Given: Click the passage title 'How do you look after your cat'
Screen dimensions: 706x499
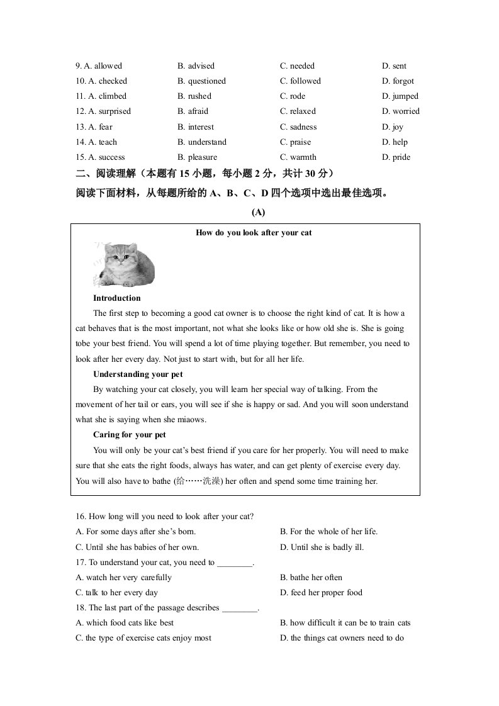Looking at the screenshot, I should pyautogui.click(x=254, y=233).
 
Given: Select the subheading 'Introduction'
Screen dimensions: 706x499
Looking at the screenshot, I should pyautogui.click(x=117, y=298).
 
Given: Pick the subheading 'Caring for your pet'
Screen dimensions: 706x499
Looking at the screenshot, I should pyautogui.click(x=130, y=435).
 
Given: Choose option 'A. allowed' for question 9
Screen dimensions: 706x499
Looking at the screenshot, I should pyautogui.click(x=99, y=66).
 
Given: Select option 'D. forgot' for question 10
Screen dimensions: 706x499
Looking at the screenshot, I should pyautogui.click(x=398, y=81).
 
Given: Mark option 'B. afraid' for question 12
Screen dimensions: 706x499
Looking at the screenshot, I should pyautogui.click(x=193, y=111).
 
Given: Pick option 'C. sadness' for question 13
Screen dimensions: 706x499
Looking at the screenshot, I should pyautogui.click(x=298, y=127).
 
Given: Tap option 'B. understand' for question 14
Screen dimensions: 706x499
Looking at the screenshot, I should pyautogui.click(x=202, y=142).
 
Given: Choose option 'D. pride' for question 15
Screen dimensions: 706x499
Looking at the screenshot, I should pyautogui.click(x=396, y=157).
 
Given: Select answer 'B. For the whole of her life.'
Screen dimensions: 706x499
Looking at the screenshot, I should pyautogui.click(x=329, y=532).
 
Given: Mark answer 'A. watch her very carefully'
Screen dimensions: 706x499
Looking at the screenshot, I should pyautogui.click(x=123, y=578).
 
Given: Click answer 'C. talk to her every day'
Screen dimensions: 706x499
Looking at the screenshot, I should pyautogui.click(x=117, y=593).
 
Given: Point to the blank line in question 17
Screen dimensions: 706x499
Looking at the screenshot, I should pyautogui.click(x=234, y=563).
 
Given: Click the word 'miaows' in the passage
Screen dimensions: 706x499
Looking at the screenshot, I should pyautogui.click(x=192, y=420).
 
